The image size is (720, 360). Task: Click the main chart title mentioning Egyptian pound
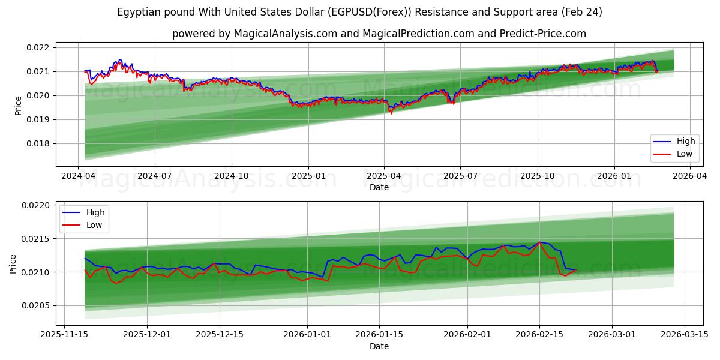point(360,12)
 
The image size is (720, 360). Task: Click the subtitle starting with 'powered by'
point(379,34)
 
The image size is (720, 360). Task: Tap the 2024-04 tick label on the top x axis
point(78,176)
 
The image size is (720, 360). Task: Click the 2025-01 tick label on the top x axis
point(308,176)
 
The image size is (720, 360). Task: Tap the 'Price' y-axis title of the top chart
point(18,106)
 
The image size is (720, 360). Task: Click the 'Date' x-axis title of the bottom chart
point(379,346)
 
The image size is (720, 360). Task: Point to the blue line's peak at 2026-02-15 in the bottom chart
point(539,242)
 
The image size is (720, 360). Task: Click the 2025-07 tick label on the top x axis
point(460,176)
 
